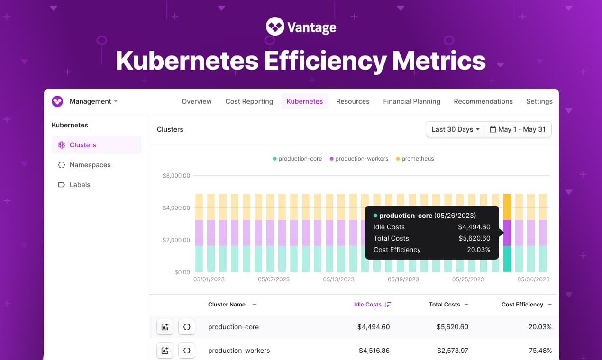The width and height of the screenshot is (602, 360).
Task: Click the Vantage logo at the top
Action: pos(301,27)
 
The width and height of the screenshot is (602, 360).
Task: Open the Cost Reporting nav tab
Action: pos(249,101)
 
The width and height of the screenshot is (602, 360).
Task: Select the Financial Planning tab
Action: pos(411,101)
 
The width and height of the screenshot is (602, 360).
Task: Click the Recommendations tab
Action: pos(483,101)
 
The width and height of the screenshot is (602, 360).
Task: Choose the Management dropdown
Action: pos(93,101)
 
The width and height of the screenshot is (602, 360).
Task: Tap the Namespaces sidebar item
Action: pos(90,165)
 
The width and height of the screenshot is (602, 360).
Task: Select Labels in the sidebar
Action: pos(79,185)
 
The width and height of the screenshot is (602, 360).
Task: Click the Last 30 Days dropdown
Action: pos(455,129)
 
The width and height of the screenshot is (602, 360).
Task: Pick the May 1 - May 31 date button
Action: pos(518,129)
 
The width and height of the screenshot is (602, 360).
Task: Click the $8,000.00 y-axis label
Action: pos(176,176)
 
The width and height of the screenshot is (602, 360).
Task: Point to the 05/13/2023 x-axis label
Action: pos(338,279)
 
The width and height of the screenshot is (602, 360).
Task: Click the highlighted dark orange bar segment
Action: pos(507,207)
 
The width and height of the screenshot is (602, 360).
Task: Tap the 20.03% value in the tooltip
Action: pos(478,250)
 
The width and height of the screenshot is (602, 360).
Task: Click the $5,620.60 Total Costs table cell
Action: pos(453,327)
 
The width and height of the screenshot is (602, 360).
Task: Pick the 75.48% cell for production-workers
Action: pos(540,351)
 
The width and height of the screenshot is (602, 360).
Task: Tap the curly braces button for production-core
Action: pos(187,327)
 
